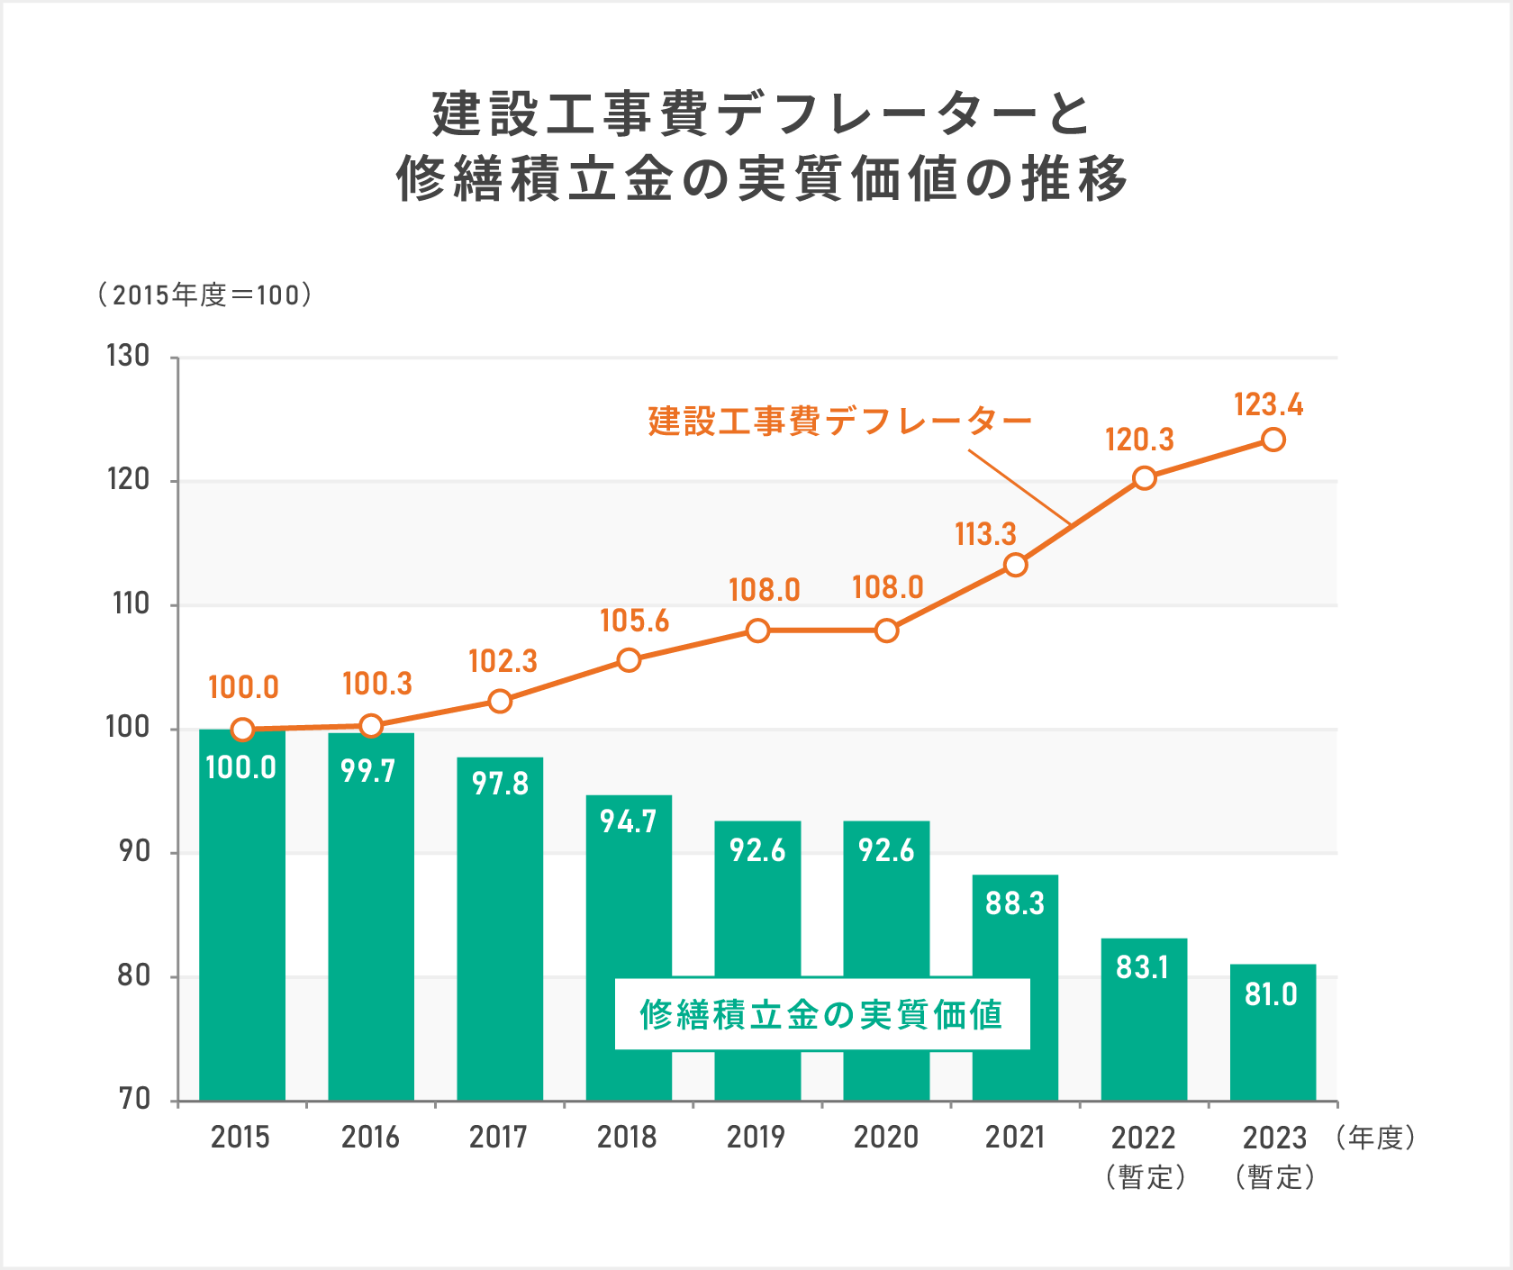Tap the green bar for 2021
click(1015, 991)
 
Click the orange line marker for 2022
click(1144, 478)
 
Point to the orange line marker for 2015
click(242, 730)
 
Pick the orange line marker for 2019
click(758, 630)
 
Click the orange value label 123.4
click(1268, 405)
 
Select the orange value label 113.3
click(985, 534)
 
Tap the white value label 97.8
click(500, 784)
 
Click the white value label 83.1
click(1142, 967)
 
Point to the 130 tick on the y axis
click(129, 357)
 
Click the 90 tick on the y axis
click(134, 851)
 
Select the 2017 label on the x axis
click(498, 1138)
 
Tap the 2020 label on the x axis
click(885, 1138)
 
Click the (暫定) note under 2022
click(1145, 1177)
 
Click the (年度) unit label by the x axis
click(1376, 1138)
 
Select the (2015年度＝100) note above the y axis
click(205, 295)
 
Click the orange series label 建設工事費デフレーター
click(839, 421)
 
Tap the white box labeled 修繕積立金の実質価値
click(821, 1014)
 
